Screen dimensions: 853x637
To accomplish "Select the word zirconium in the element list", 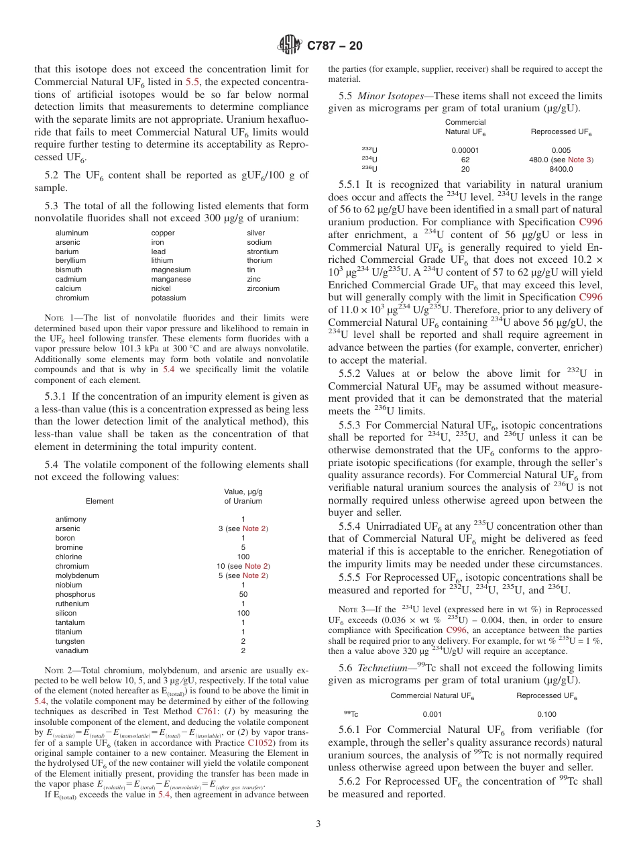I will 263,289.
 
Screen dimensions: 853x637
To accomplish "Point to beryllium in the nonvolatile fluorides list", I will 70,261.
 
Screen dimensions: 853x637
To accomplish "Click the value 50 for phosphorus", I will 243,594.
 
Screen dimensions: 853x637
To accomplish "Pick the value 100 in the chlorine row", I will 243,557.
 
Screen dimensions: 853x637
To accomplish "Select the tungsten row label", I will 70,641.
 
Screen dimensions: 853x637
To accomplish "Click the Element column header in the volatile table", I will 99,501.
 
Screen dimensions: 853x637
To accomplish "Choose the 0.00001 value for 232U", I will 465,151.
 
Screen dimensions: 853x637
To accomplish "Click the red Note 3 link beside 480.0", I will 579,160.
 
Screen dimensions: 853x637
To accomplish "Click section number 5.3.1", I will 59,396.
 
